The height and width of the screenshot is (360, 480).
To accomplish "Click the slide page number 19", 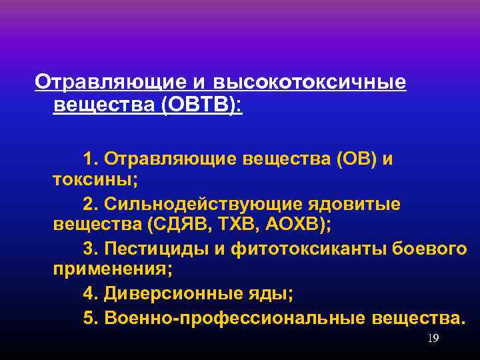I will click(433, 339).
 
